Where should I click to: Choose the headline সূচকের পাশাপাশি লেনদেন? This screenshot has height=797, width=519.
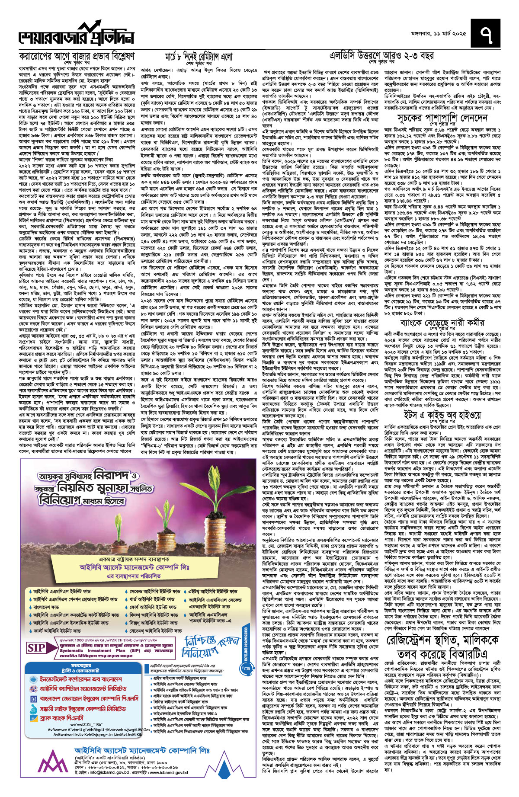(x=442, y=118)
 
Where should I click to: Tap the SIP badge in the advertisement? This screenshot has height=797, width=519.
(x=36, y=648)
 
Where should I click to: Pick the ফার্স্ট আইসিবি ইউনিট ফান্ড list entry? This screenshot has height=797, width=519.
(x=56, y=631)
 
